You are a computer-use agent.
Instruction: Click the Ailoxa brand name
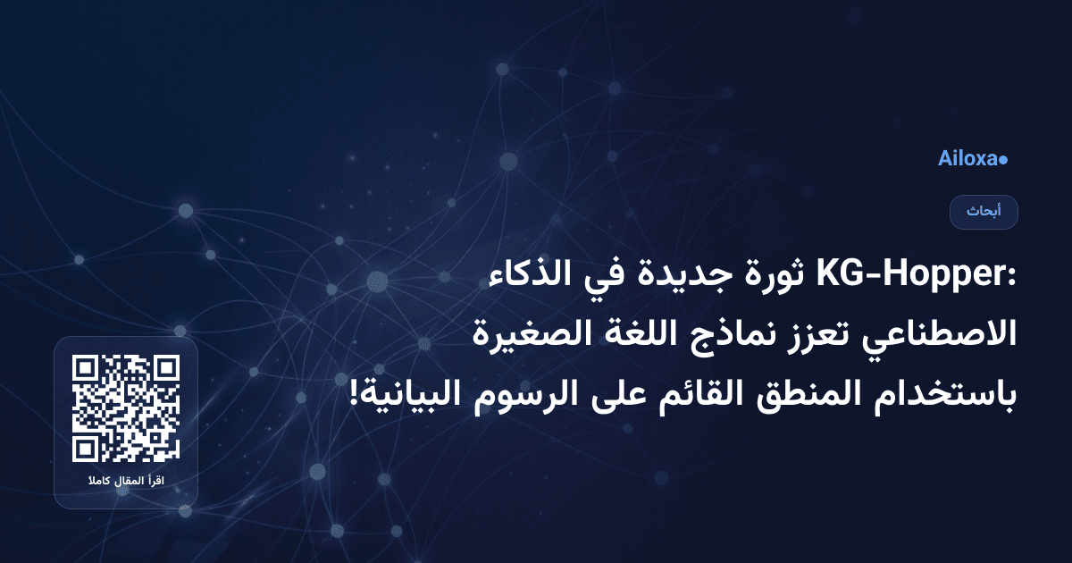[967, 159]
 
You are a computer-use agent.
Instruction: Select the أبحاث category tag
[984, 213]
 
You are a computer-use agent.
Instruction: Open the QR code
[126, 408]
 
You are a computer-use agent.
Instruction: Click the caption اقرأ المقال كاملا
[126, 483]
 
